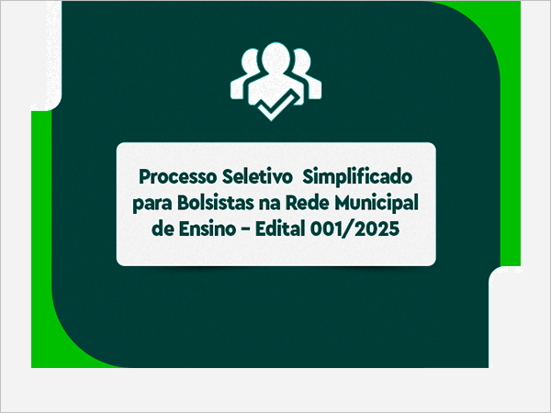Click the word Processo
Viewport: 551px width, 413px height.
178,176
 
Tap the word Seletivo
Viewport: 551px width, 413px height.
257,176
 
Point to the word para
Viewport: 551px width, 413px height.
152,205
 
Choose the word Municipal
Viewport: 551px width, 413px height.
377,204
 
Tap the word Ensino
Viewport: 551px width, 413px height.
208,229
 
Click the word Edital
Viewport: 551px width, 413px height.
280,229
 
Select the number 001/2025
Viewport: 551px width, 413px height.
354,229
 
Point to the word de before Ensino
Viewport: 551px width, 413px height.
163,229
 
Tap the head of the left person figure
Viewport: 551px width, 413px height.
250,61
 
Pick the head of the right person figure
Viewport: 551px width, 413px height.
302,61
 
